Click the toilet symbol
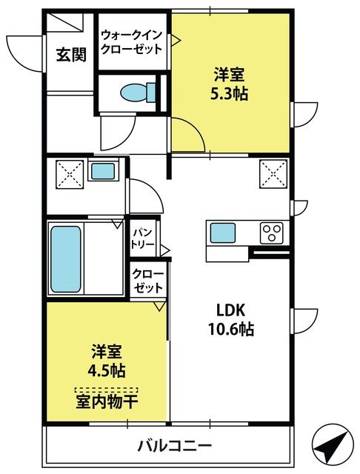click(x=138, y=92)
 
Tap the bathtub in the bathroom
click(x=66, y=259)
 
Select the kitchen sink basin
click(x=223, y=233)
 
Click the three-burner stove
click(x=272, y=233)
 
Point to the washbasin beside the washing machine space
click(x=103, y=171)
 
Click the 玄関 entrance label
click(x=72, y=55)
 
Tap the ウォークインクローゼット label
click(x=132, y=42)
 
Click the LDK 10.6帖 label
click(x=230, y=319)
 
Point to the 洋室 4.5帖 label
click(x=107, y=361)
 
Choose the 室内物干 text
click(x=107, y=401)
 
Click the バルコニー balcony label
click(x=175, y=445)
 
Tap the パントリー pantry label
click(x=143, y=238)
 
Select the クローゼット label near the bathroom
click(x=148, y=281)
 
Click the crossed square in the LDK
click(x=273, y=174)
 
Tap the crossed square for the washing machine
click(x=70, y=175)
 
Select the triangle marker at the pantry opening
click(x=165, y=250)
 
